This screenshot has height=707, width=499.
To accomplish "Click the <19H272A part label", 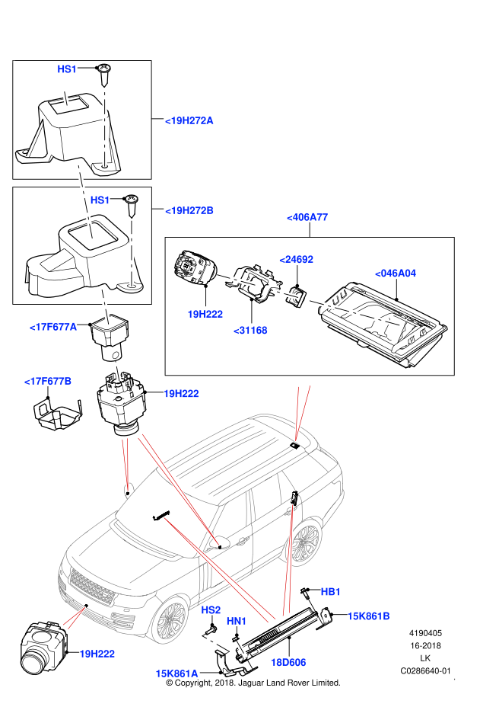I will (x=189, y=120).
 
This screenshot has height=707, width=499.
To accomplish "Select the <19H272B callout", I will (x=189, y=211).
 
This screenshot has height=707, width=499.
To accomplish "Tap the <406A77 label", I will (x=307, y=217).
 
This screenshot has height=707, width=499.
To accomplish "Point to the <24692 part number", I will (x=296, y=260).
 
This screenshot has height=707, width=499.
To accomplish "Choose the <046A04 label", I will (x=396, y=274).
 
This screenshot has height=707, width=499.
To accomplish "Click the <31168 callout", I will (x=250, y=331).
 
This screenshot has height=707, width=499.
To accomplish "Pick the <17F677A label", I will (x=53, y=327).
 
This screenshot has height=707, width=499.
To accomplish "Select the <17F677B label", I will (x=48, y=381).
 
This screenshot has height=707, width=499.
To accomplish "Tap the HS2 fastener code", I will (x=211, y=610).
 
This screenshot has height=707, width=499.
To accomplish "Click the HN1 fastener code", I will (x=237, y=622).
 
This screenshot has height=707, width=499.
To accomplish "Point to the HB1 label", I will (x=330, y=592).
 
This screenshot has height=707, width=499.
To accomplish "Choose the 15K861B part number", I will (x=368, y=616).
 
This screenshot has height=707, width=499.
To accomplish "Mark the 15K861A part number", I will (x=176, y=673).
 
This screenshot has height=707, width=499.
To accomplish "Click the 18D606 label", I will (x=288, y=663).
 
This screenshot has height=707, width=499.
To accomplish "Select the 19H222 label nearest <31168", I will (x=205, y=314).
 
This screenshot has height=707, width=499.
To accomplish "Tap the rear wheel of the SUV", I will (x=306, y=542).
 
